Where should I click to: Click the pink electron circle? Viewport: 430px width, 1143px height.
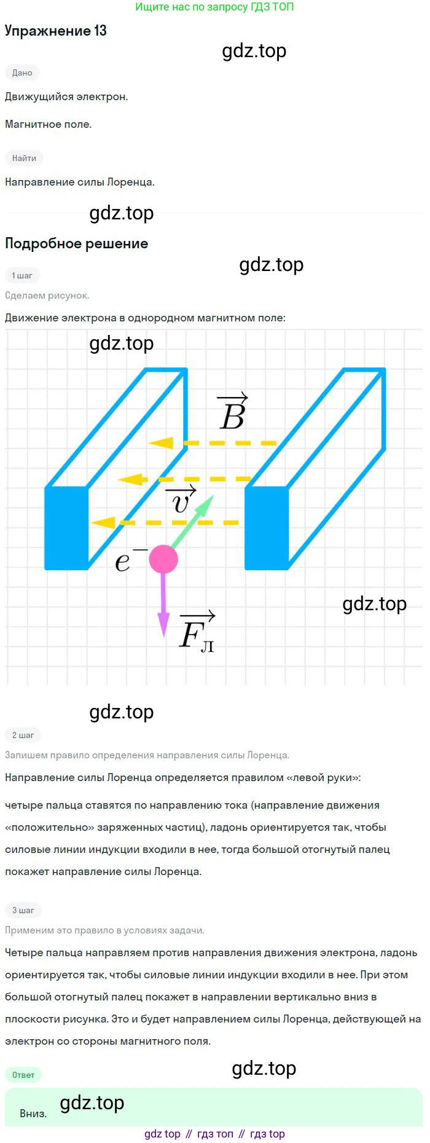coord(163,559)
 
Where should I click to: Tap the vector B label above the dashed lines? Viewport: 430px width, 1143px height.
coord(233,411)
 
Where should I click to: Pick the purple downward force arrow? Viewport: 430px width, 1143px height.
coord(163,605)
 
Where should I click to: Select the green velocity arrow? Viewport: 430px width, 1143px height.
coord(192,521)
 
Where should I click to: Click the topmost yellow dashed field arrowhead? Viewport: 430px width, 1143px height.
coord(161,442)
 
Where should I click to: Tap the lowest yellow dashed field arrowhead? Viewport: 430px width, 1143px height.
coord(103,522)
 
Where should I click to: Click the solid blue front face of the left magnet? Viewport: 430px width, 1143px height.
coord(66,528)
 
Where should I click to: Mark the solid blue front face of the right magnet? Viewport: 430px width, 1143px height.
coord(267,528)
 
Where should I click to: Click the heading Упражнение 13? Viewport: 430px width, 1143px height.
coord(56,31)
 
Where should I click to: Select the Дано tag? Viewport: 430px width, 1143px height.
coord(22,73)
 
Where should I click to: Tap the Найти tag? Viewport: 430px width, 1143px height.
coord(24,158)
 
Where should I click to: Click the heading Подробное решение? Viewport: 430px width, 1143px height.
coord(77,243)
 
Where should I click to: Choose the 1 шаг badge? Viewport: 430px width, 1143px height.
coord(22,275)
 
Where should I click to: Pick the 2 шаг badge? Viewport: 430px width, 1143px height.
coord(23,735)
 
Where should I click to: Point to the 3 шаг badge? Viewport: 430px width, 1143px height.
coord(23,910)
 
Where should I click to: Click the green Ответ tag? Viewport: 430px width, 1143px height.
coord(23,1075)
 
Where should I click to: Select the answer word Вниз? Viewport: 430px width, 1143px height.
coord(33,1114)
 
